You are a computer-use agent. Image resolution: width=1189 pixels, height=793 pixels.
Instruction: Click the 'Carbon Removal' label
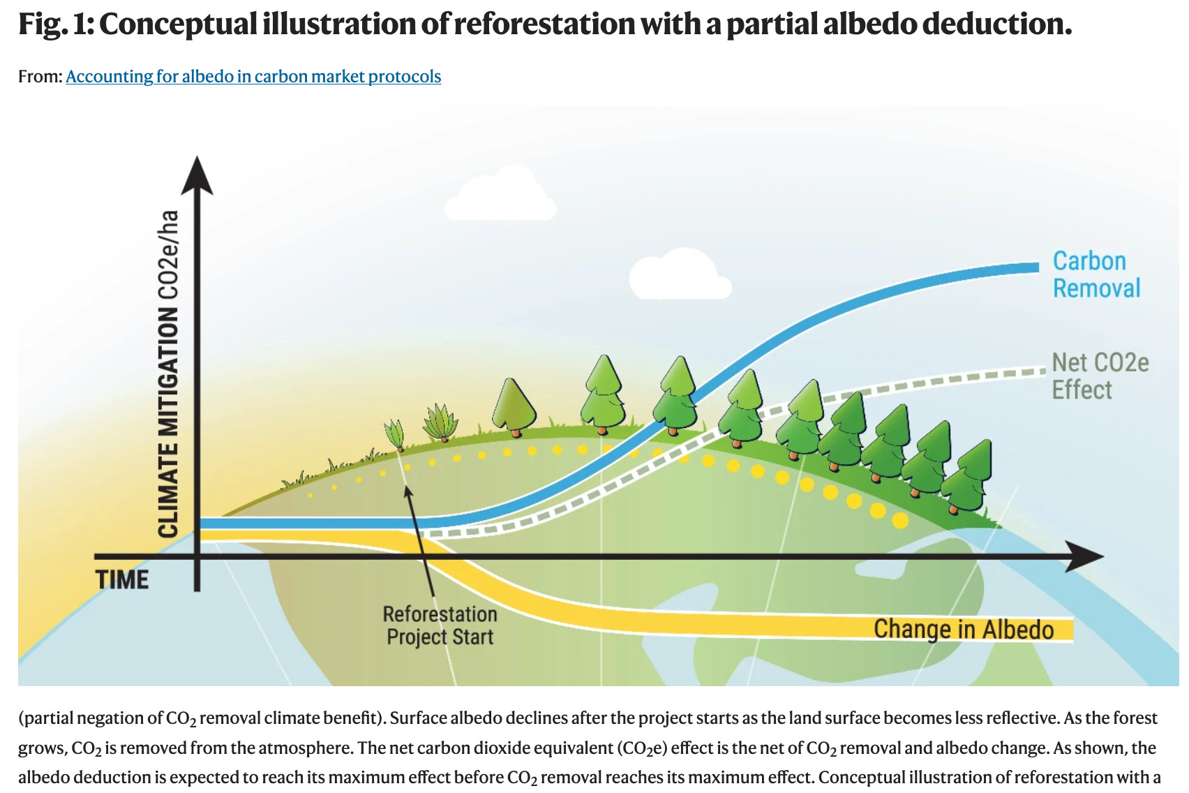click(x=1095, y=274)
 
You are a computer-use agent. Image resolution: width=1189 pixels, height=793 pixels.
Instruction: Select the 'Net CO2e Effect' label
click(x=1099, y=376)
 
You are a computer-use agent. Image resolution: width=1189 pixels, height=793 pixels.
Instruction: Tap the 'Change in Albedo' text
click(x=963, y=629)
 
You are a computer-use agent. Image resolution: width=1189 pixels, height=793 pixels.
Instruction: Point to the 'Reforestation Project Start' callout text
click(x=440, y=625)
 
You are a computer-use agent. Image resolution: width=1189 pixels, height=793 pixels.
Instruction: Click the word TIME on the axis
click(x=122, y=579)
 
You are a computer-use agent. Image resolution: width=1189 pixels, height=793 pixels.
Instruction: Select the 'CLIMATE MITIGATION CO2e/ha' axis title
click(x=168, y=373)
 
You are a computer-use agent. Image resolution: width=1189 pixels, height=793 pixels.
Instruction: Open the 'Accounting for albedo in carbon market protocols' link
click(x=253, y=76)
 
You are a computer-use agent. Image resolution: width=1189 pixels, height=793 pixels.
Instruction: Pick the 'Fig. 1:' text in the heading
click(x=55, y=24)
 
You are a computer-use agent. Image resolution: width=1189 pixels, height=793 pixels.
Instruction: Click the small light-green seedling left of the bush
click(x=395, y=435)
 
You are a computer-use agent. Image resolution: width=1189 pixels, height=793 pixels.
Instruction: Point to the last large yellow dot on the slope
click(x=900, y=520)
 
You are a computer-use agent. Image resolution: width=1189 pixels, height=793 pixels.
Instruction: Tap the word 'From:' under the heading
click(x=40, y=76)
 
